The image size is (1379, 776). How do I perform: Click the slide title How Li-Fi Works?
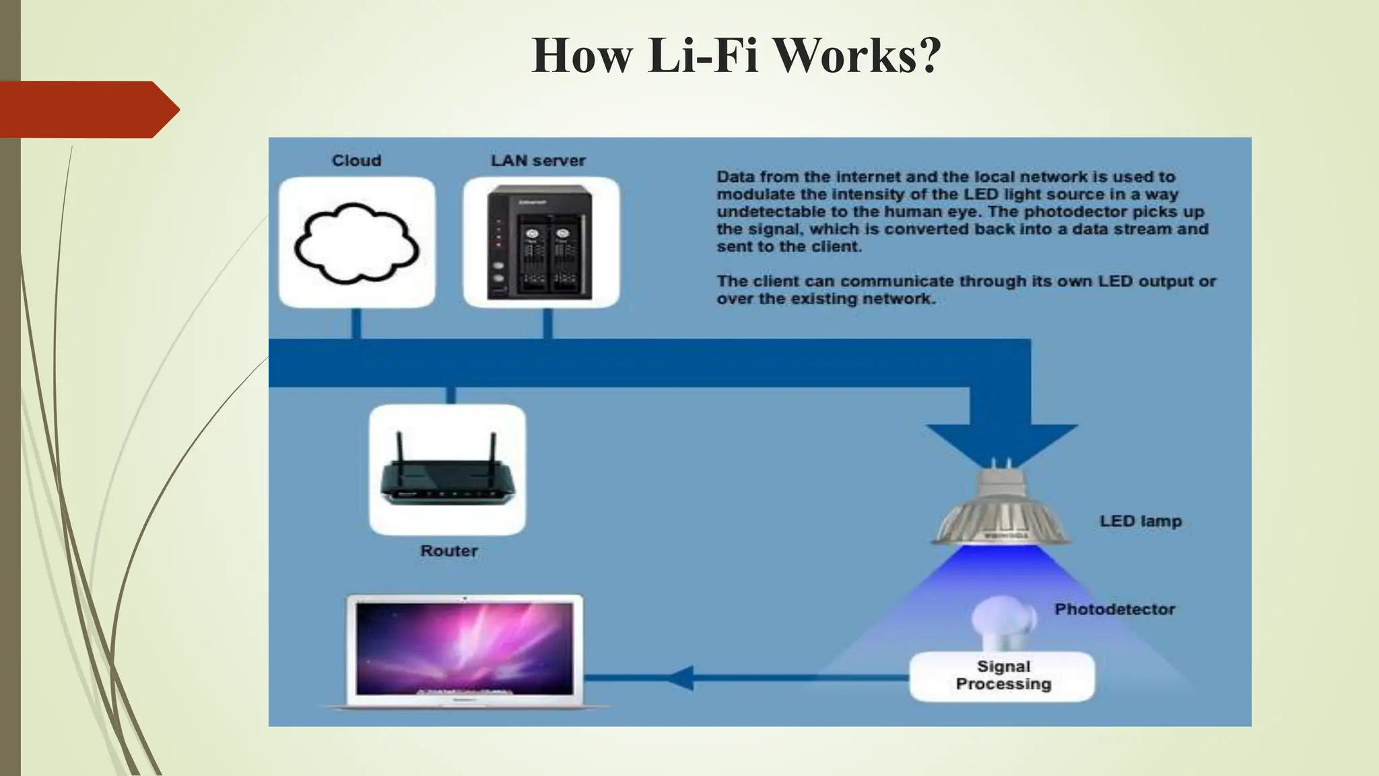pyautogui.click(x=736, y=55)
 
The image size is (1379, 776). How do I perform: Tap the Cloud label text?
pyautogui.click(x=356, y=161)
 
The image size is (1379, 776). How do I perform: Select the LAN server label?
pyautogui.click(x=538, y=161)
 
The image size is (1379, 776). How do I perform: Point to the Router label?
pyautogui.click(x=449, y=551)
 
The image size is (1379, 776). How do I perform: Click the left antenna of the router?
pyautogui.click(x=399, y=445)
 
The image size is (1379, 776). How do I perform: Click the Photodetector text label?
pyautogui.click(x=1114, y=610)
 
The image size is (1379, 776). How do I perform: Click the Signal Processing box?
pyautogui.click(x=1002, y=676)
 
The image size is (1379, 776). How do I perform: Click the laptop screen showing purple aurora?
pyautogui.click(x=465, y=648)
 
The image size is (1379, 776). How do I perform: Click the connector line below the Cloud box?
pyautogui.click(x=356, y=323)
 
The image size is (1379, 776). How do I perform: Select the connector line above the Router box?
pyautogui.click(x=450, y=395)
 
